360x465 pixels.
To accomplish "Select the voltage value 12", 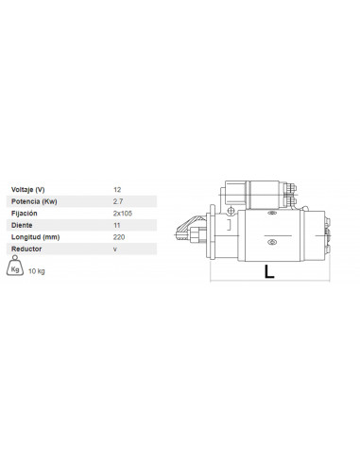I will (116, 190).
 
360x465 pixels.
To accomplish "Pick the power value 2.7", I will (117, 202).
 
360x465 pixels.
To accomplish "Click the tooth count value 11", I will (116, 226).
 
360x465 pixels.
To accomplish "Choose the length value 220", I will (118, 237).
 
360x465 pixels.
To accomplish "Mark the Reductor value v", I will (114, 249).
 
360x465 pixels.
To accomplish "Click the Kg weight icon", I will (15, 269).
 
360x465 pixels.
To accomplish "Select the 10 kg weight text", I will (38, 271).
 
